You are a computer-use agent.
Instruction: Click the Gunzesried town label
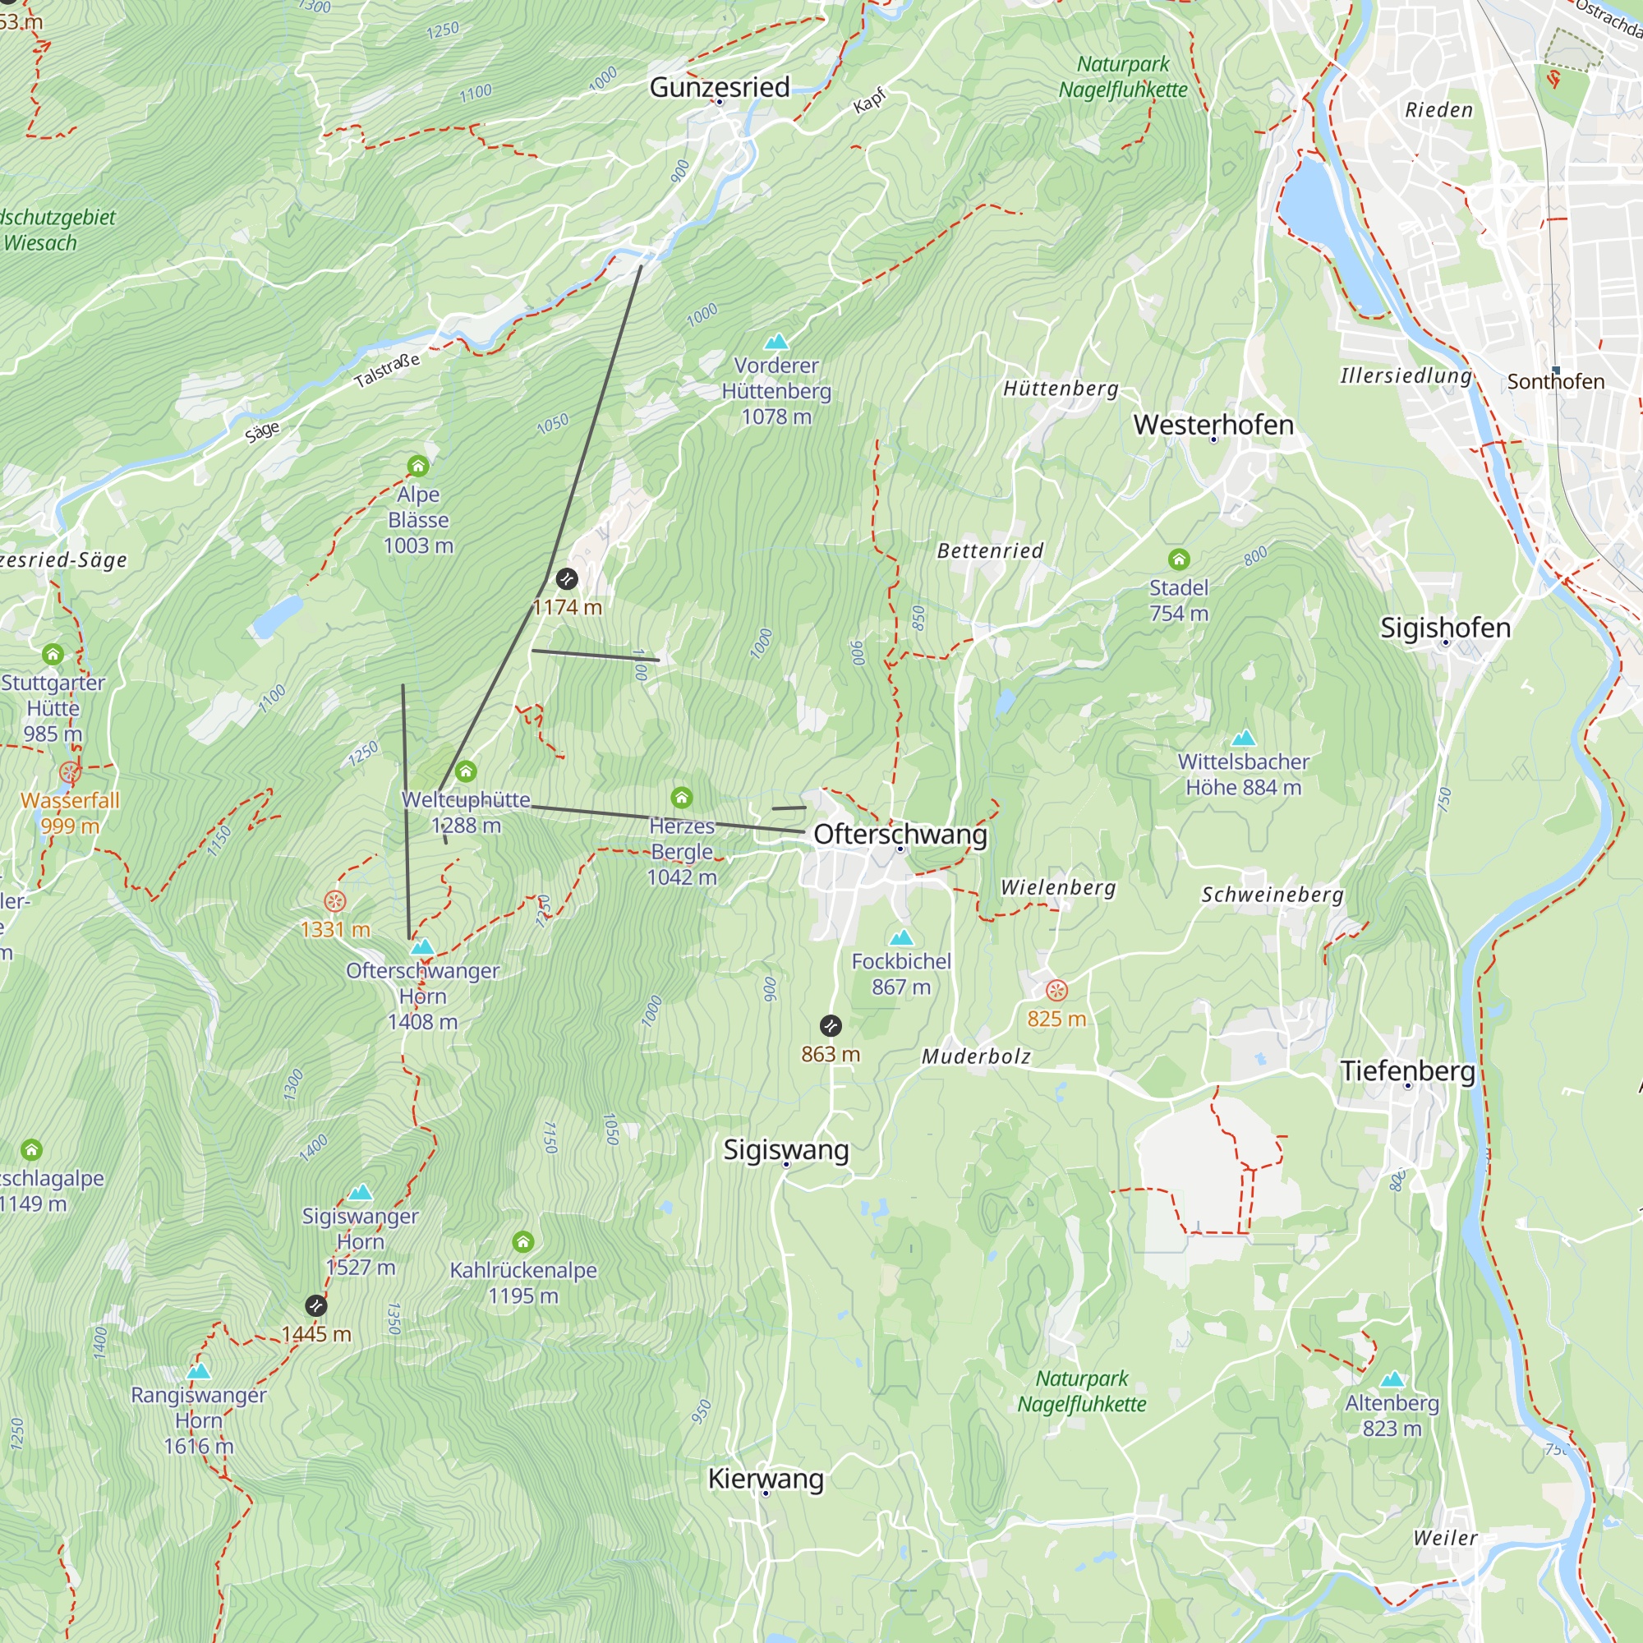point(720,87)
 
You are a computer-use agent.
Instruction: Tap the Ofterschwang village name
point(900,835)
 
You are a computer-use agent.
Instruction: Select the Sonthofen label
point(1555,382)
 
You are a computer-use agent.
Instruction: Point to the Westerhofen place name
point(1213,425)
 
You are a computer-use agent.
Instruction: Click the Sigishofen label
point(1445,628)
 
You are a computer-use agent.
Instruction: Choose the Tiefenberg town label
point(1407,1070)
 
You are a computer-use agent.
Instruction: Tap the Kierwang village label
point(766,1479)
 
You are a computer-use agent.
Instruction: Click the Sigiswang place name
point(786,1150)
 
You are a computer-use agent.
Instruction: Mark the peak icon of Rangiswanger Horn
point(198,1372)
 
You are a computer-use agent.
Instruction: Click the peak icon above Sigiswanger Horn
point(361,1192)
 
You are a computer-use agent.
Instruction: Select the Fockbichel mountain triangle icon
point(901,938)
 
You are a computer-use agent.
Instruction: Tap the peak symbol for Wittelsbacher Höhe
point(1243,738)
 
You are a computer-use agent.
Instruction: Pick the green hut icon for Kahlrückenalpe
point(523,1241)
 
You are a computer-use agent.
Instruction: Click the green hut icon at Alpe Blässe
point(417,466)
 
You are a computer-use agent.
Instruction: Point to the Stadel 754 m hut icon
point(1179,559)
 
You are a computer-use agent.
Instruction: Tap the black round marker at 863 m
point(830,1025)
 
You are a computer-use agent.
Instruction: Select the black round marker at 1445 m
point(315,1305)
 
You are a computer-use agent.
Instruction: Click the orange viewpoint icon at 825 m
point(1056,990)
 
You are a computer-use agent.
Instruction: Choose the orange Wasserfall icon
point(70,773)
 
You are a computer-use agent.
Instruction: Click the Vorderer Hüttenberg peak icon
point(776,342)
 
